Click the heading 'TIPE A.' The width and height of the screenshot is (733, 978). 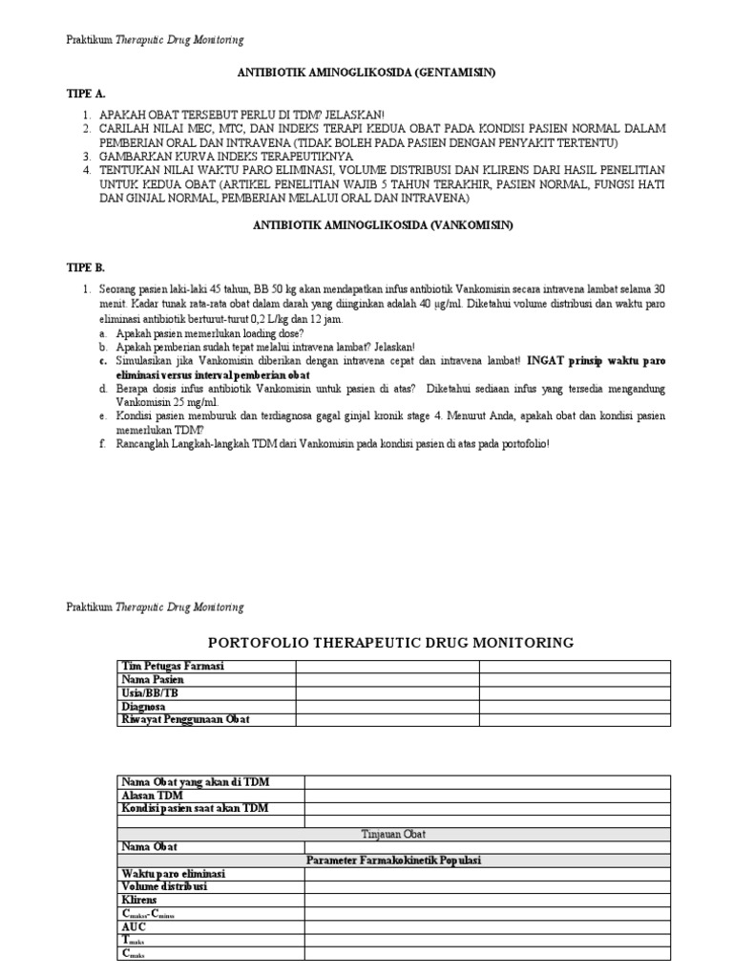pyautogui.click(x=86, y=96)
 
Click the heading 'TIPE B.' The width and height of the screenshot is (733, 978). pyautogui.click(x=86, y=267)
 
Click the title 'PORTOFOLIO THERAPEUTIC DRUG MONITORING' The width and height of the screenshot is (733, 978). pyautogui.click(x=391, y=643)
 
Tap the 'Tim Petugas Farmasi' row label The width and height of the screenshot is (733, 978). pyautogui.click(x=173, y=666)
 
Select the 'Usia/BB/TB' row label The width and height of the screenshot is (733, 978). pyautogui.click(x=150, y=692)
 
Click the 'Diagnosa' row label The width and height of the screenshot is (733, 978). pyautogui.click(x=145, y=706)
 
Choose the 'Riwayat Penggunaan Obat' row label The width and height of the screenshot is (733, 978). pyautogui.click(x=185, y=719)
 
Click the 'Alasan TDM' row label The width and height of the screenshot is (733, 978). pyautogui.click(x=151, y=795)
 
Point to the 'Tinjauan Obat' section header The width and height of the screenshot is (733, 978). pyautogui.click(x=394, y=834)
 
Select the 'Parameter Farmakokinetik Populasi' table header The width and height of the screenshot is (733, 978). pyautogui.click(x=394, y=861)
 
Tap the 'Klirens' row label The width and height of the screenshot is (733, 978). pyautogui.click(x=139, y=900)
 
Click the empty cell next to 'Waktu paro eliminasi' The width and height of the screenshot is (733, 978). pyautogui.click(x=487, y=874)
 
